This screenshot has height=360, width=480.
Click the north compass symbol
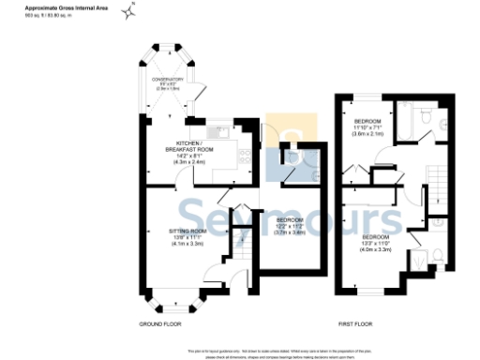coord(136,10)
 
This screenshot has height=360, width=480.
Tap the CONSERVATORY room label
coord(171,82)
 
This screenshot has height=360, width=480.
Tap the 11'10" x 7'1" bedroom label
coord(367,128)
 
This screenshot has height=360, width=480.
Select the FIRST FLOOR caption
coord(355,323)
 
